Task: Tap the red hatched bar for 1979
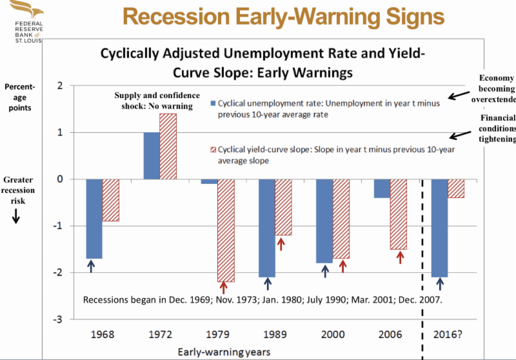(x=226, y=230)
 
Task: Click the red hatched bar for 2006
(x=398, y=214)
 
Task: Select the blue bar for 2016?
(x=440, y=228)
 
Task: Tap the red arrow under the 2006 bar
(x=400, y=257)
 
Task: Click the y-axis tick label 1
(x=59, y=132)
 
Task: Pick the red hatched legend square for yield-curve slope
(x=213, y=149)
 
